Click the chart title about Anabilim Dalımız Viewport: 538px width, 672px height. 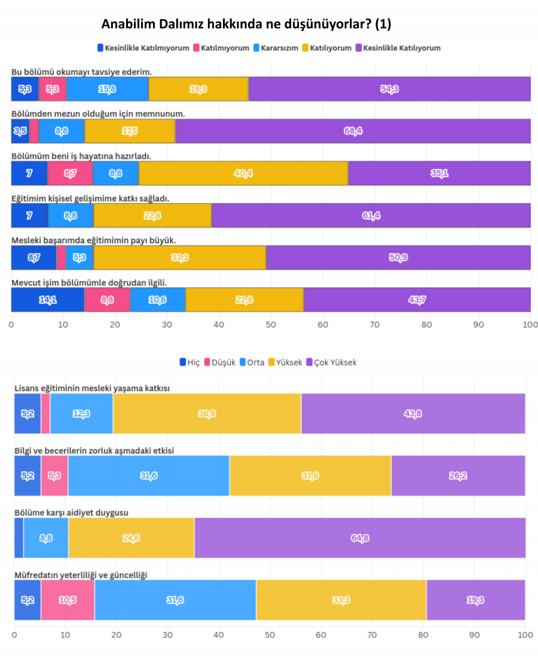click(246, 24)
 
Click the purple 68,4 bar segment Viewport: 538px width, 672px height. click(353, 131)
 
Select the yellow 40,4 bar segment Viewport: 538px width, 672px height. click(243, 173)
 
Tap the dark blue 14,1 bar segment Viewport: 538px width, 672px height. click(48, 300)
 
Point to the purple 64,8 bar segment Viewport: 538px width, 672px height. click(360, 538)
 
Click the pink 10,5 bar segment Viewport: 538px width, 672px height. click(68, 600)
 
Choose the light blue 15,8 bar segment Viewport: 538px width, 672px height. click(108, 89)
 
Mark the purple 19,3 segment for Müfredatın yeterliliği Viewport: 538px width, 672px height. click(476, 600)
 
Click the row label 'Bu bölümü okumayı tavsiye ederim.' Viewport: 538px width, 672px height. click(81, 72)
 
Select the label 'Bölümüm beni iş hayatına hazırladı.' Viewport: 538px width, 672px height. click(81, 156)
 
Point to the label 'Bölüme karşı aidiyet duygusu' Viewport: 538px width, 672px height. click(71, 513)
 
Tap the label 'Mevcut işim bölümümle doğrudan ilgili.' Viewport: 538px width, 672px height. click(88, 282)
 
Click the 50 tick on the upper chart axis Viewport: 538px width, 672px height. click(271, 324)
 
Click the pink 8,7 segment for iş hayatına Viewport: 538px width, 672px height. click(70, 173)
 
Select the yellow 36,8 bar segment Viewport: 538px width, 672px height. click(207, 413)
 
